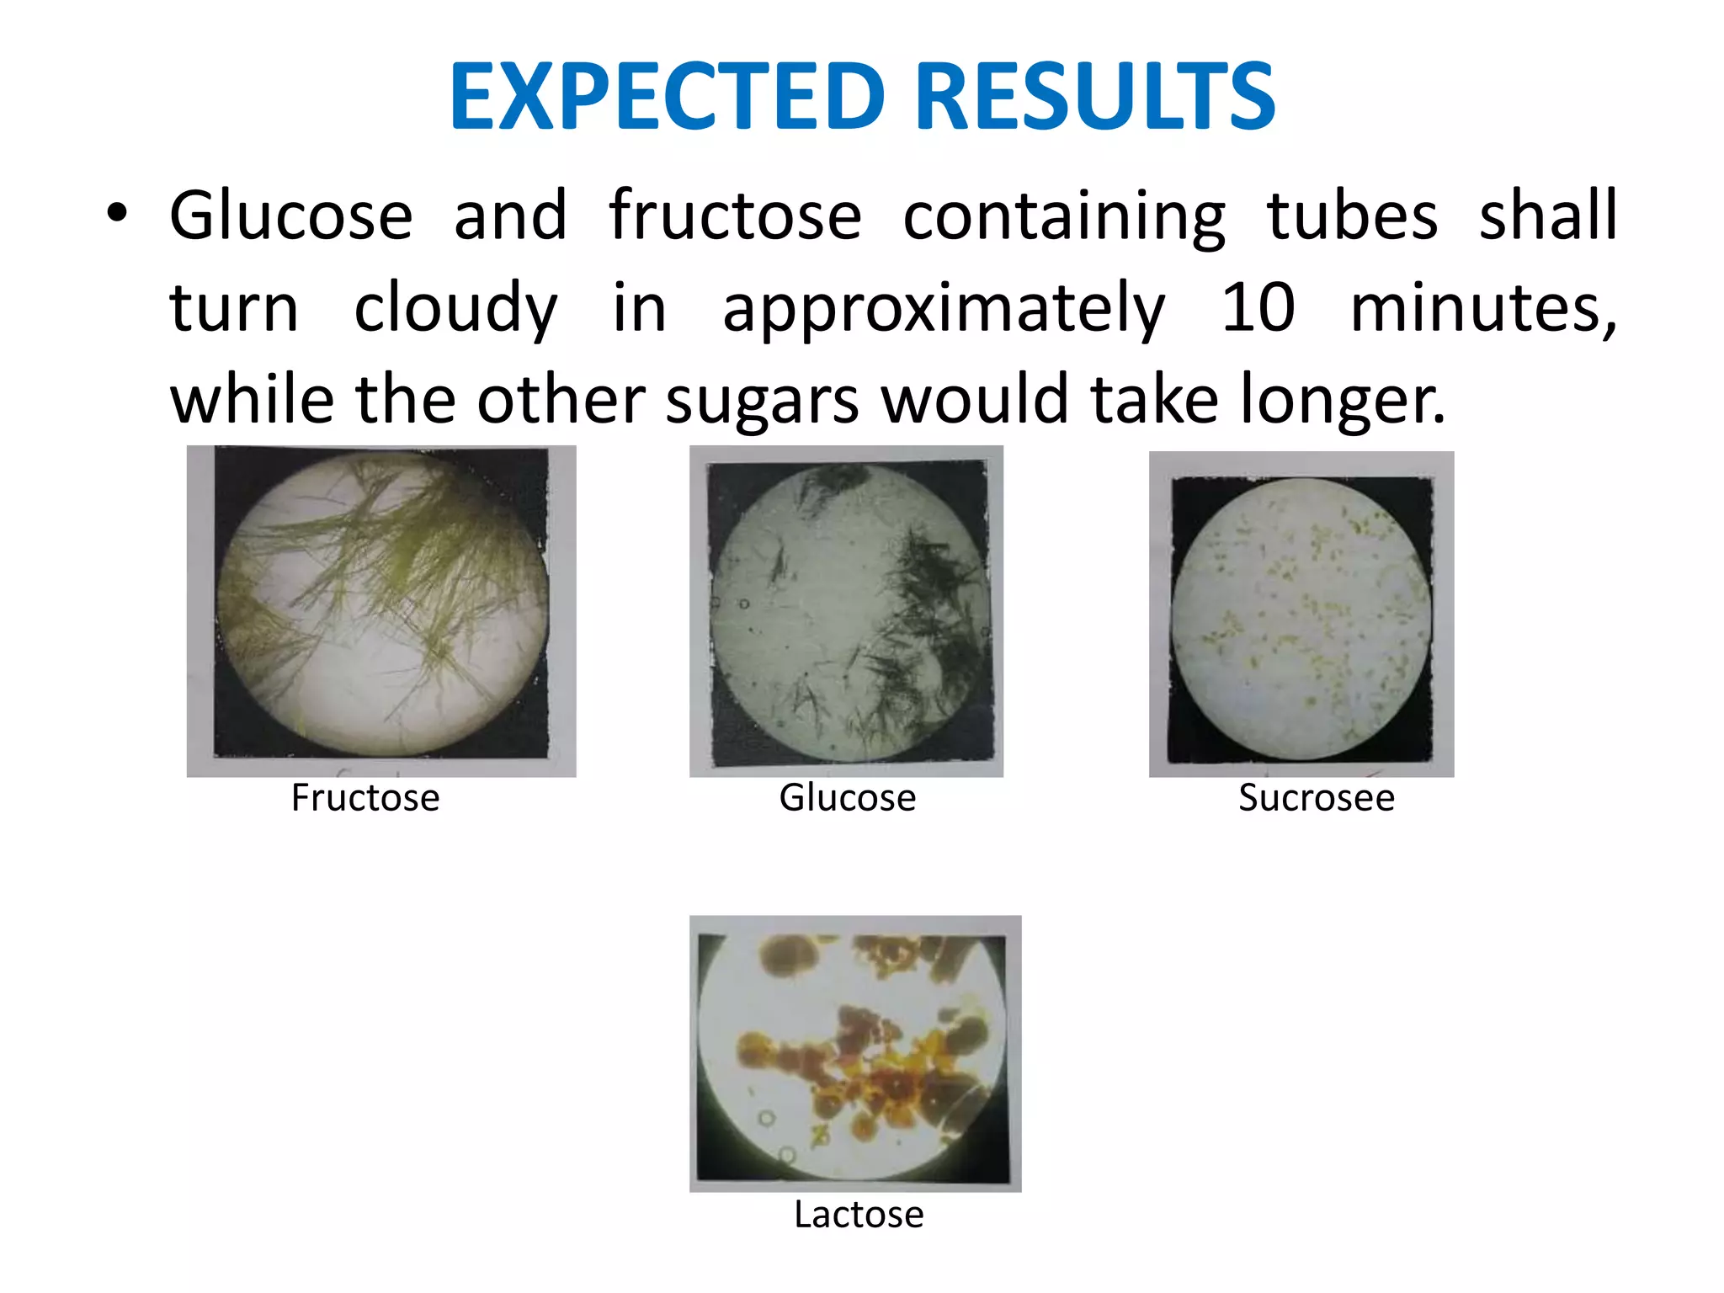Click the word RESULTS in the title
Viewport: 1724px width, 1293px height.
tap(1094, 97)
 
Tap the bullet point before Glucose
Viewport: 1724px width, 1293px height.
tap(117, 214)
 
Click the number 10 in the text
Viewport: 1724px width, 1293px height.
tap(1258, 307)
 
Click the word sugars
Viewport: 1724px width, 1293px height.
tap(763, 401)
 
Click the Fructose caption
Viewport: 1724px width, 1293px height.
tap(365, 797)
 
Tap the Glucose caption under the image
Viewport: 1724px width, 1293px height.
tap(847, 797)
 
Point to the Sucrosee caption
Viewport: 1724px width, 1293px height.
tap(1316, 797)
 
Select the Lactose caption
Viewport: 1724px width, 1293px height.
tap(859, 1215)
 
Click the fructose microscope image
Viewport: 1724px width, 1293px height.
tap(381, 610)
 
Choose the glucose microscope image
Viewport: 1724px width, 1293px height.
tap(846, 610)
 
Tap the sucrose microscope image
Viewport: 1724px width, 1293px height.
tap(1301, 615)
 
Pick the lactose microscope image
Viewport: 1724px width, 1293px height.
tap(854, 1053)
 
